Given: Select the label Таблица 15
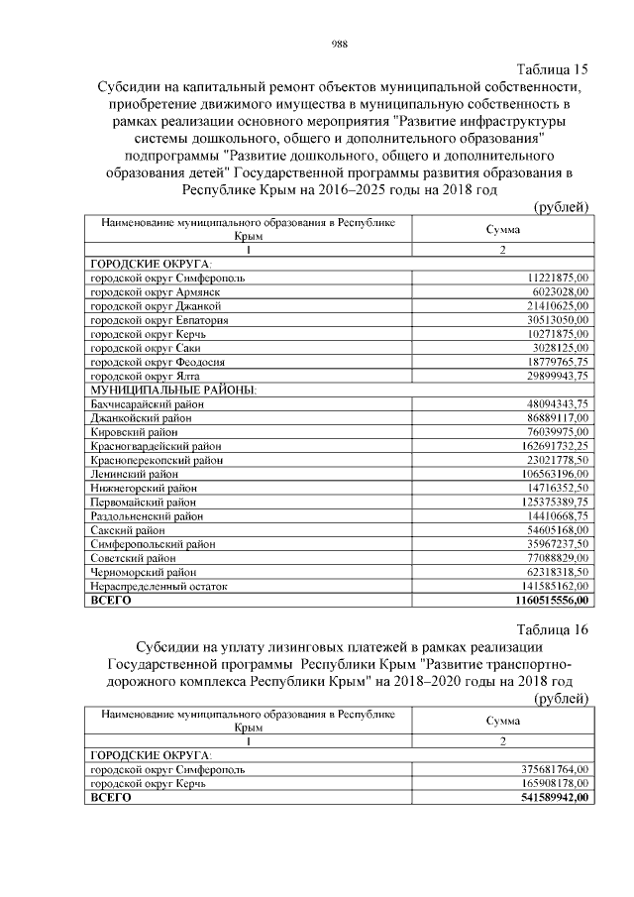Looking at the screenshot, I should tap(553, 69).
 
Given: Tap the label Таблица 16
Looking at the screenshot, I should tap(553, 629).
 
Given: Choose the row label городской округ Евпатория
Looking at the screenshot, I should tap(159, 321).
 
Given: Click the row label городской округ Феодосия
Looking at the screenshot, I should tap(158, 363).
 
